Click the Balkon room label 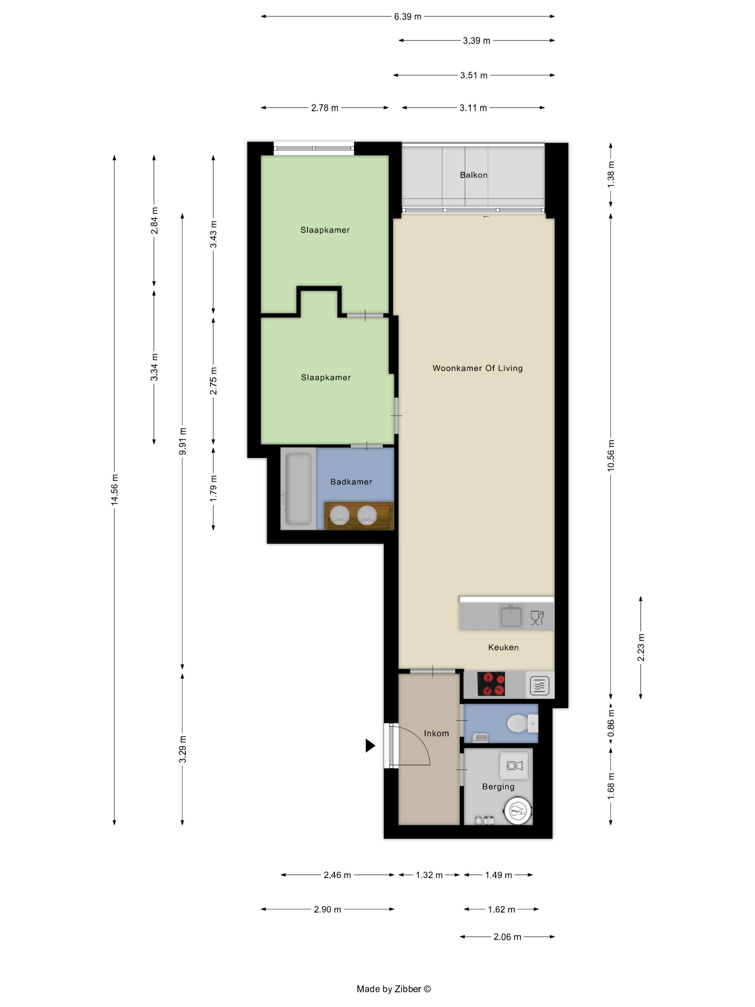(x=473, y=175)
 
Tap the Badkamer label (x=351, y=482)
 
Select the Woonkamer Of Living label (x=477, y=368)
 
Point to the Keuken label (x=503, y=647)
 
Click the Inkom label (x=436, y=733)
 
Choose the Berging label (x=498, y=786)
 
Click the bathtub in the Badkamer (x=298, y=488)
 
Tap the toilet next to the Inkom (x=522, y=723)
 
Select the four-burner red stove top (x=491, y=684)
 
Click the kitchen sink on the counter (x=511, y=616)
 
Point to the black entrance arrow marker (x=370, y=746)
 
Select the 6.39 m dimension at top (x=407, y=17)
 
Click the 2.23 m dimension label (x=640, y=647)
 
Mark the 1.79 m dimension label (x=213, y=488)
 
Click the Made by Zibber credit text (x=394, y=988)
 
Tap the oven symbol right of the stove (x=539, y=685)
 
